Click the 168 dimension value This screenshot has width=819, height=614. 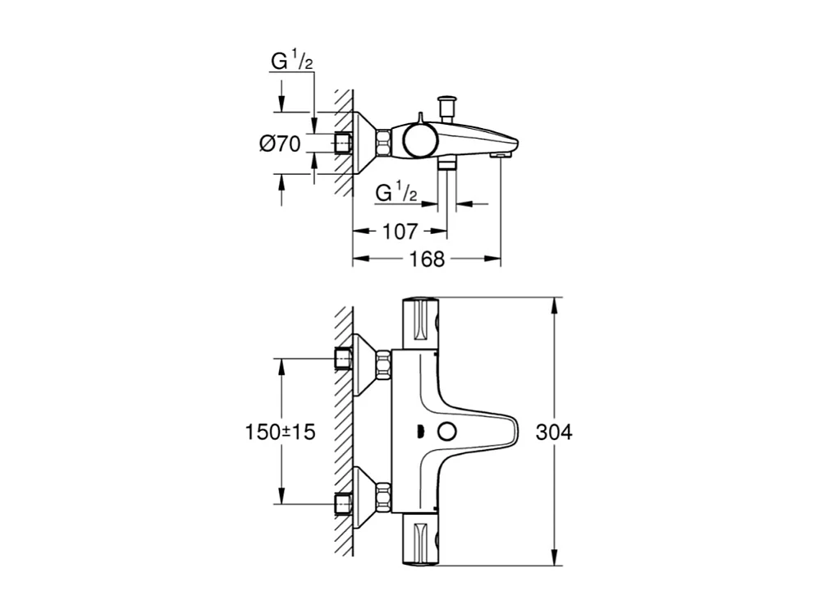(x=427, y=259)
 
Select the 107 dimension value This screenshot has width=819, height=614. (x=400, y=232)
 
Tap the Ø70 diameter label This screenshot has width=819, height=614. (x=280, y=144)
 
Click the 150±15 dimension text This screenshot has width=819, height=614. (x=281, y=433)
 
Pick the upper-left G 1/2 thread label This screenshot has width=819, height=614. (x=291, y=61)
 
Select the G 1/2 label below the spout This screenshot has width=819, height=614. (x=396, y=193)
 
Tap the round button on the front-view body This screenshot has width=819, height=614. (x=447, y=433)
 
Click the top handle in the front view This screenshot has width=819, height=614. (x=421, y=323)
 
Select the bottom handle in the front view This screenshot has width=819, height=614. (x=421, y=542)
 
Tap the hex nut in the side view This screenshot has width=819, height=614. (x=382, y=143)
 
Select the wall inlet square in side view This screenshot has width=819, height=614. (x=345, y=143)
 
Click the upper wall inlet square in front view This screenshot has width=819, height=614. (x=344, y=360)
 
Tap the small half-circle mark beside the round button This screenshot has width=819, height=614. (x=420, y=433)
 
